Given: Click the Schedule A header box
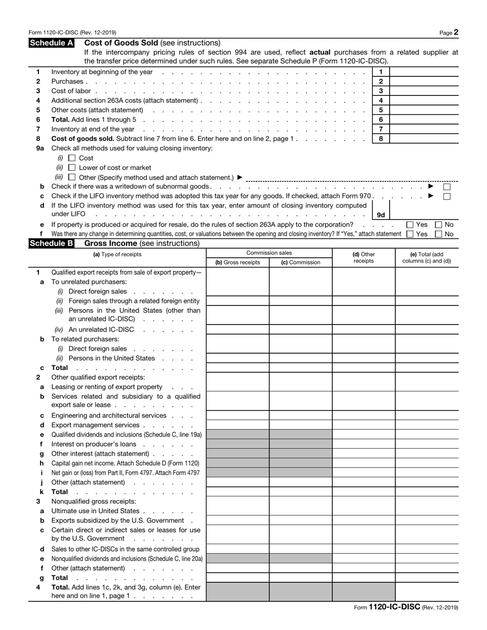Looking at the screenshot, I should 52,43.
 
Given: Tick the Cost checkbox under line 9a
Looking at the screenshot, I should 72,158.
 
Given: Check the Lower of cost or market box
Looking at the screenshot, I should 72,168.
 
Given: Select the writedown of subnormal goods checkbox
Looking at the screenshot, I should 447,187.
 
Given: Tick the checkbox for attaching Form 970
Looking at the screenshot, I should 447,196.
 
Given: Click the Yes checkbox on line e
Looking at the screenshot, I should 410,225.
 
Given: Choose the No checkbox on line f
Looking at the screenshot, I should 439,234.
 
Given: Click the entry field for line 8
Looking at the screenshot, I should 424,139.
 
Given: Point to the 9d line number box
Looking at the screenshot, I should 381,215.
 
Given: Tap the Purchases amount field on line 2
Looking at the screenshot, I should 424,82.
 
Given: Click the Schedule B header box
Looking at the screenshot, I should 52,243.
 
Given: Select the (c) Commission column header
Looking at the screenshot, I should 300,262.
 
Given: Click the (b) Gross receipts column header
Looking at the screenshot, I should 237,262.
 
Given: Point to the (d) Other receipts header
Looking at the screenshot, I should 363,258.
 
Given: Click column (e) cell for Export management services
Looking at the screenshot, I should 427,425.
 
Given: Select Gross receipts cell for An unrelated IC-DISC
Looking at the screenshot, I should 237,330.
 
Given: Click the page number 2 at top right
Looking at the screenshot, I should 456,32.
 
